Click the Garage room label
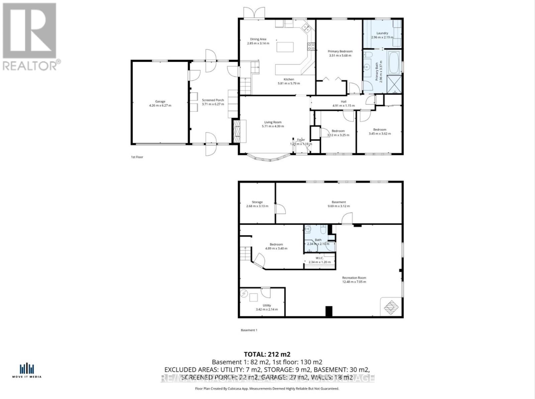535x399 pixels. click(x=160, y=102)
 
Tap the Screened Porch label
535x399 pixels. click(x=213, y=100)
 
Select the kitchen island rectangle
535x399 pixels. click(x=285, y=47)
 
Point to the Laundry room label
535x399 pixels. click(x=382, y=33)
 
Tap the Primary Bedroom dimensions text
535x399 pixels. click(x=340, y=56)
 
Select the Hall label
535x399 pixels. click(x=343, y=101)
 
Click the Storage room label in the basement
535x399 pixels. click(x=257, y=202)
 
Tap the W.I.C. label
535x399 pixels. click(x=319, y=258)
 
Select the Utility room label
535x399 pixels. click(x=266, y=305)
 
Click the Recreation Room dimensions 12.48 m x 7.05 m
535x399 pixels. click(x=354, y=282)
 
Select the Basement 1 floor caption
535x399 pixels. click(x=249, y=330)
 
